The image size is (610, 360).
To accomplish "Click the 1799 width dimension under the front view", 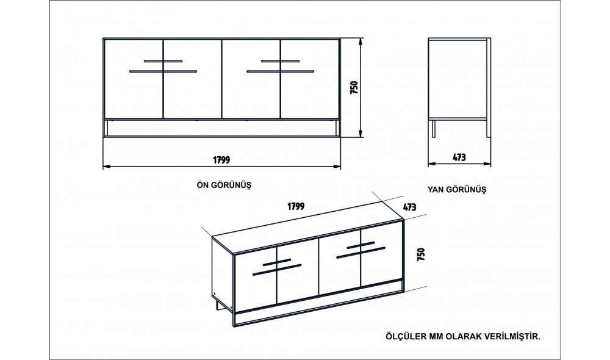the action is pyautogui.click(x=222, y=160).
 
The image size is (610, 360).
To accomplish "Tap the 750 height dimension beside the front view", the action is pyautogui.click(x=354, y=88).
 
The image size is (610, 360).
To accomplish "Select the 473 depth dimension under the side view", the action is pyautogui.click(x=459, y=157).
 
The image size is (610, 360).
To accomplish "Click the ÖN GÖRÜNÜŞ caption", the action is pyautogui.click(x=224, y=185).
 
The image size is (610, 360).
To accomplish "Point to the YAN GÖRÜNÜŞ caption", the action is pyautogui.click(x=457, y=190).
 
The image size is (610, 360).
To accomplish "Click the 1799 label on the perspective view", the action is pyautogui.click(x=296, y=206).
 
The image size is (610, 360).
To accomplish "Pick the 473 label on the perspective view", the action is pyautogui.click(x=409, y=207).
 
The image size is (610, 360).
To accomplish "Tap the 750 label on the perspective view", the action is pyautogui.click(x=421, y=254).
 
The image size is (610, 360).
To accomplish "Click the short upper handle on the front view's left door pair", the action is pyautogui.click(x=163, y=61).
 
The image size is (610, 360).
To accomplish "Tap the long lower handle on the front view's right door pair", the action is pyautogui.click(x=281, y=71).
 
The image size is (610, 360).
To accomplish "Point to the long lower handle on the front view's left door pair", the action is pyautogui.click(x=163, y=71).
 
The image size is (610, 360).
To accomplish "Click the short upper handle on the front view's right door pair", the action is pyautogui.click(x=281, y=61).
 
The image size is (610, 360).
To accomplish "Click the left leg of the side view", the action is pyautogui.click(x=433, y=128).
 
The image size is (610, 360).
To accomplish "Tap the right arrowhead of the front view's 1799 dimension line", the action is pyautogui.click(x=337, y=167).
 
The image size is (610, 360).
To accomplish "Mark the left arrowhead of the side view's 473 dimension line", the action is pyautogui.click(x=432, y=164).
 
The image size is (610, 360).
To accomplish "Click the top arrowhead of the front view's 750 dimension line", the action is pyautogui.click(x=361, y=41).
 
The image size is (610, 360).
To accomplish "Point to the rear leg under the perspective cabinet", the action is pyautogui.click(x=217, y=304).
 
